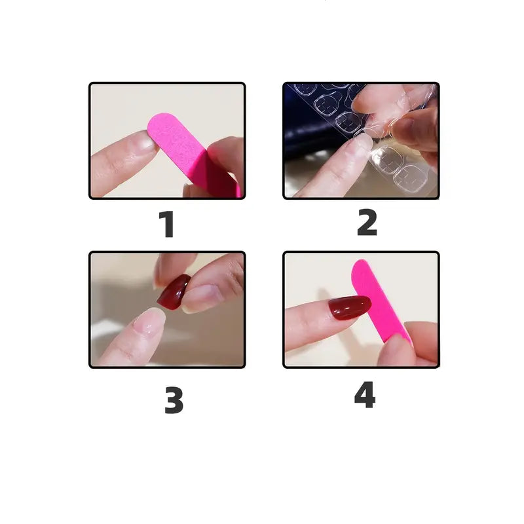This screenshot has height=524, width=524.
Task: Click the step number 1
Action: click(x=167, y=224)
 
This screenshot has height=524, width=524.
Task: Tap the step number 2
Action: click(x=367, y=223)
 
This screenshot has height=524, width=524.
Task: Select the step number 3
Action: click(x=174, y=400)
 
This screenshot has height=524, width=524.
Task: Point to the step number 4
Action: click(x=365, y=396)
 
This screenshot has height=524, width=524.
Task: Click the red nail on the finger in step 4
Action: click(x=350, y=307)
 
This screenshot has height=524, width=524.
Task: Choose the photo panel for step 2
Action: click(x=361, y=140)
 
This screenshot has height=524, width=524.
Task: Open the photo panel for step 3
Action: click(x=167, y=310)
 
